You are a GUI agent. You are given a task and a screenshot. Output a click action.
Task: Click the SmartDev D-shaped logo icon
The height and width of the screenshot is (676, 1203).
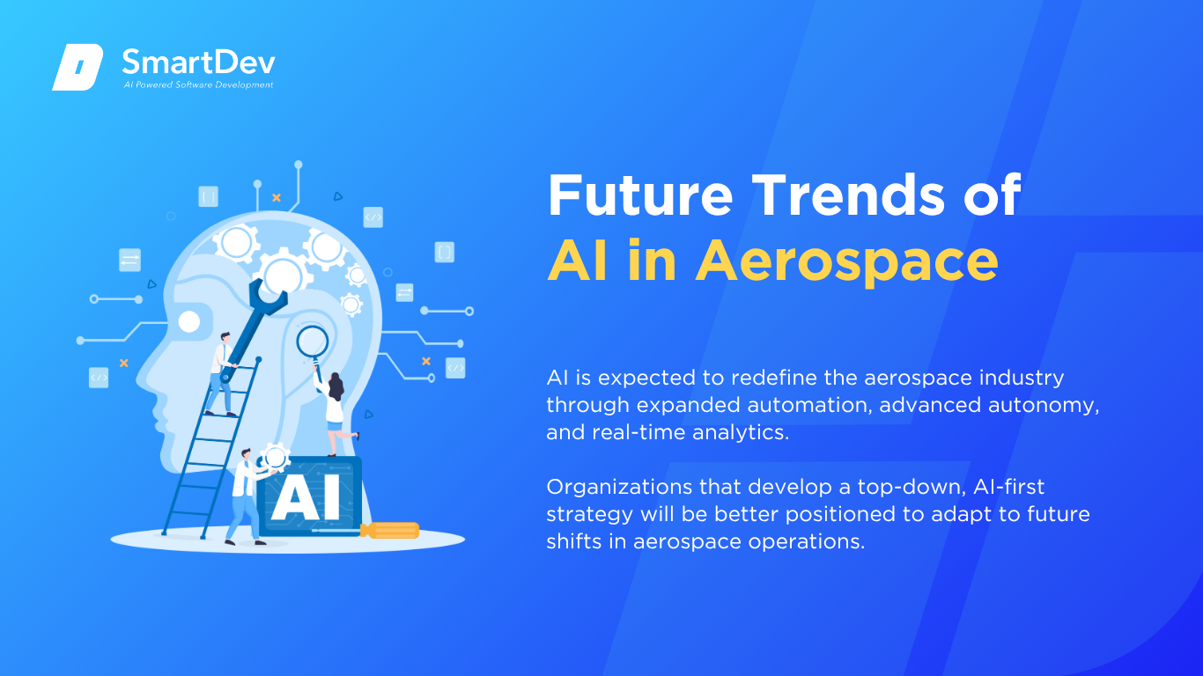pos(77,67)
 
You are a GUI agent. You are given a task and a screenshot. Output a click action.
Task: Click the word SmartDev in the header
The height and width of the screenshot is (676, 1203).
pos(199,62)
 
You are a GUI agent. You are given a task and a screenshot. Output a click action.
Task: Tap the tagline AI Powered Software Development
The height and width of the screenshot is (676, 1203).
pos(198,84)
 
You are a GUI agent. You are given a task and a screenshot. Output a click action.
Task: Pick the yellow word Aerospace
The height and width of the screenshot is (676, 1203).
pos(847,261)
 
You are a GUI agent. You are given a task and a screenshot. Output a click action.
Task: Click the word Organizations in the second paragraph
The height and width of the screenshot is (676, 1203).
pos(619,488)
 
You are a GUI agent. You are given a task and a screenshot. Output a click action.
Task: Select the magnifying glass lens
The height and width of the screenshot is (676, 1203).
pos(312,341)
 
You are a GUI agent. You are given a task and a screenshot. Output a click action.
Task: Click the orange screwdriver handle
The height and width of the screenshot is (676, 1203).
pos(389,531)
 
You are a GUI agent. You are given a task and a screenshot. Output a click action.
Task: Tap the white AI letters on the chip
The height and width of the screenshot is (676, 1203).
pos(306,497)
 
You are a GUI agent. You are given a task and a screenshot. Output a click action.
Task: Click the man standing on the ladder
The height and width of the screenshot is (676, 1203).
pos(221,374)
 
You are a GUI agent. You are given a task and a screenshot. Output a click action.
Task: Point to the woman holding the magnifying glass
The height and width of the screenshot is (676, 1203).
pos(334,411)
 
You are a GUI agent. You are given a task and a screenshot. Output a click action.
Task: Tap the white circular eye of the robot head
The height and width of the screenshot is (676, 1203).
pos(189,322)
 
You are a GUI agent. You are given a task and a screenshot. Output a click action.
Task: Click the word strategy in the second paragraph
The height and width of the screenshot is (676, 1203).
pos(589,515)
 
